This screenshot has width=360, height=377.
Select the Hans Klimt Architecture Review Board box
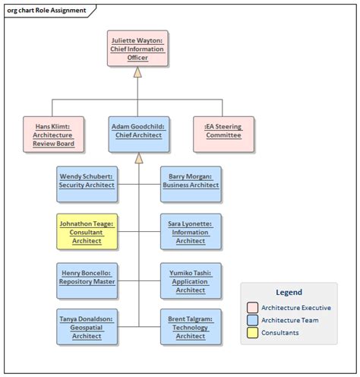coord(52,134)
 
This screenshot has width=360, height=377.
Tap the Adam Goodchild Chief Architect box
coord(137,134)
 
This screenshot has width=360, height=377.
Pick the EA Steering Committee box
coord(223,134)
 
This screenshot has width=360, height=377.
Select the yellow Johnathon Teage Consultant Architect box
coord(87,232)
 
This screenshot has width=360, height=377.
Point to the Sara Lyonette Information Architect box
coord(191,232)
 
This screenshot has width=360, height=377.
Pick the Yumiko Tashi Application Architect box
coord(191,280)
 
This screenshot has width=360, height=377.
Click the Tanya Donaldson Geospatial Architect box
coord(87,327)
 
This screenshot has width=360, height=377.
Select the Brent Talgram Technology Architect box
coord(191,327)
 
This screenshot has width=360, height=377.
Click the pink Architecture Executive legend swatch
coord(252,307)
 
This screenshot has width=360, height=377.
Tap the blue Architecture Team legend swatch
coord(252,320)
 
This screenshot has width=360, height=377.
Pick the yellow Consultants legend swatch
coord(252,333)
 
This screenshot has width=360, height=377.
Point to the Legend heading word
coord(289,292)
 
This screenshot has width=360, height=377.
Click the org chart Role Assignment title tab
coord(43,11)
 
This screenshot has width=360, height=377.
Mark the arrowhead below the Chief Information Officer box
coord(137,73)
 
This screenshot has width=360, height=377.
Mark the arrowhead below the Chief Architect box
coord(137,158)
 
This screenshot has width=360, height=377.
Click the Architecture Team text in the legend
coord(290,320)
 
